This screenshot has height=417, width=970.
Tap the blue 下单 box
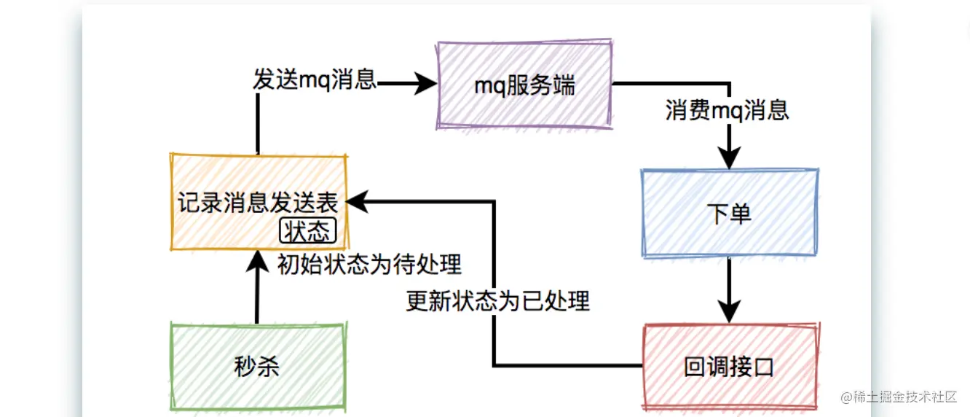730,213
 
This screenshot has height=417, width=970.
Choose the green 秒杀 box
257,365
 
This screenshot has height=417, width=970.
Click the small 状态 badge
307,232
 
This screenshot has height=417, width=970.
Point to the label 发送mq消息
315,79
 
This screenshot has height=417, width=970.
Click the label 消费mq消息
727,110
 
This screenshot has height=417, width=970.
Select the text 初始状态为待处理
370,264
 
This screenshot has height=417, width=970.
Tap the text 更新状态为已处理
498,301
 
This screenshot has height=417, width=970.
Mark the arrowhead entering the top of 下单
729,157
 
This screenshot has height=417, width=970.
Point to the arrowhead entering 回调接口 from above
729,310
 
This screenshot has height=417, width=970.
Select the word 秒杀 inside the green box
257,365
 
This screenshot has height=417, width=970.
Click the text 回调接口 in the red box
729,367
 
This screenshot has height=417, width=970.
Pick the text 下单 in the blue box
730,214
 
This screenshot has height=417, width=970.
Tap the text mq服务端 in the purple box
524,85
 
